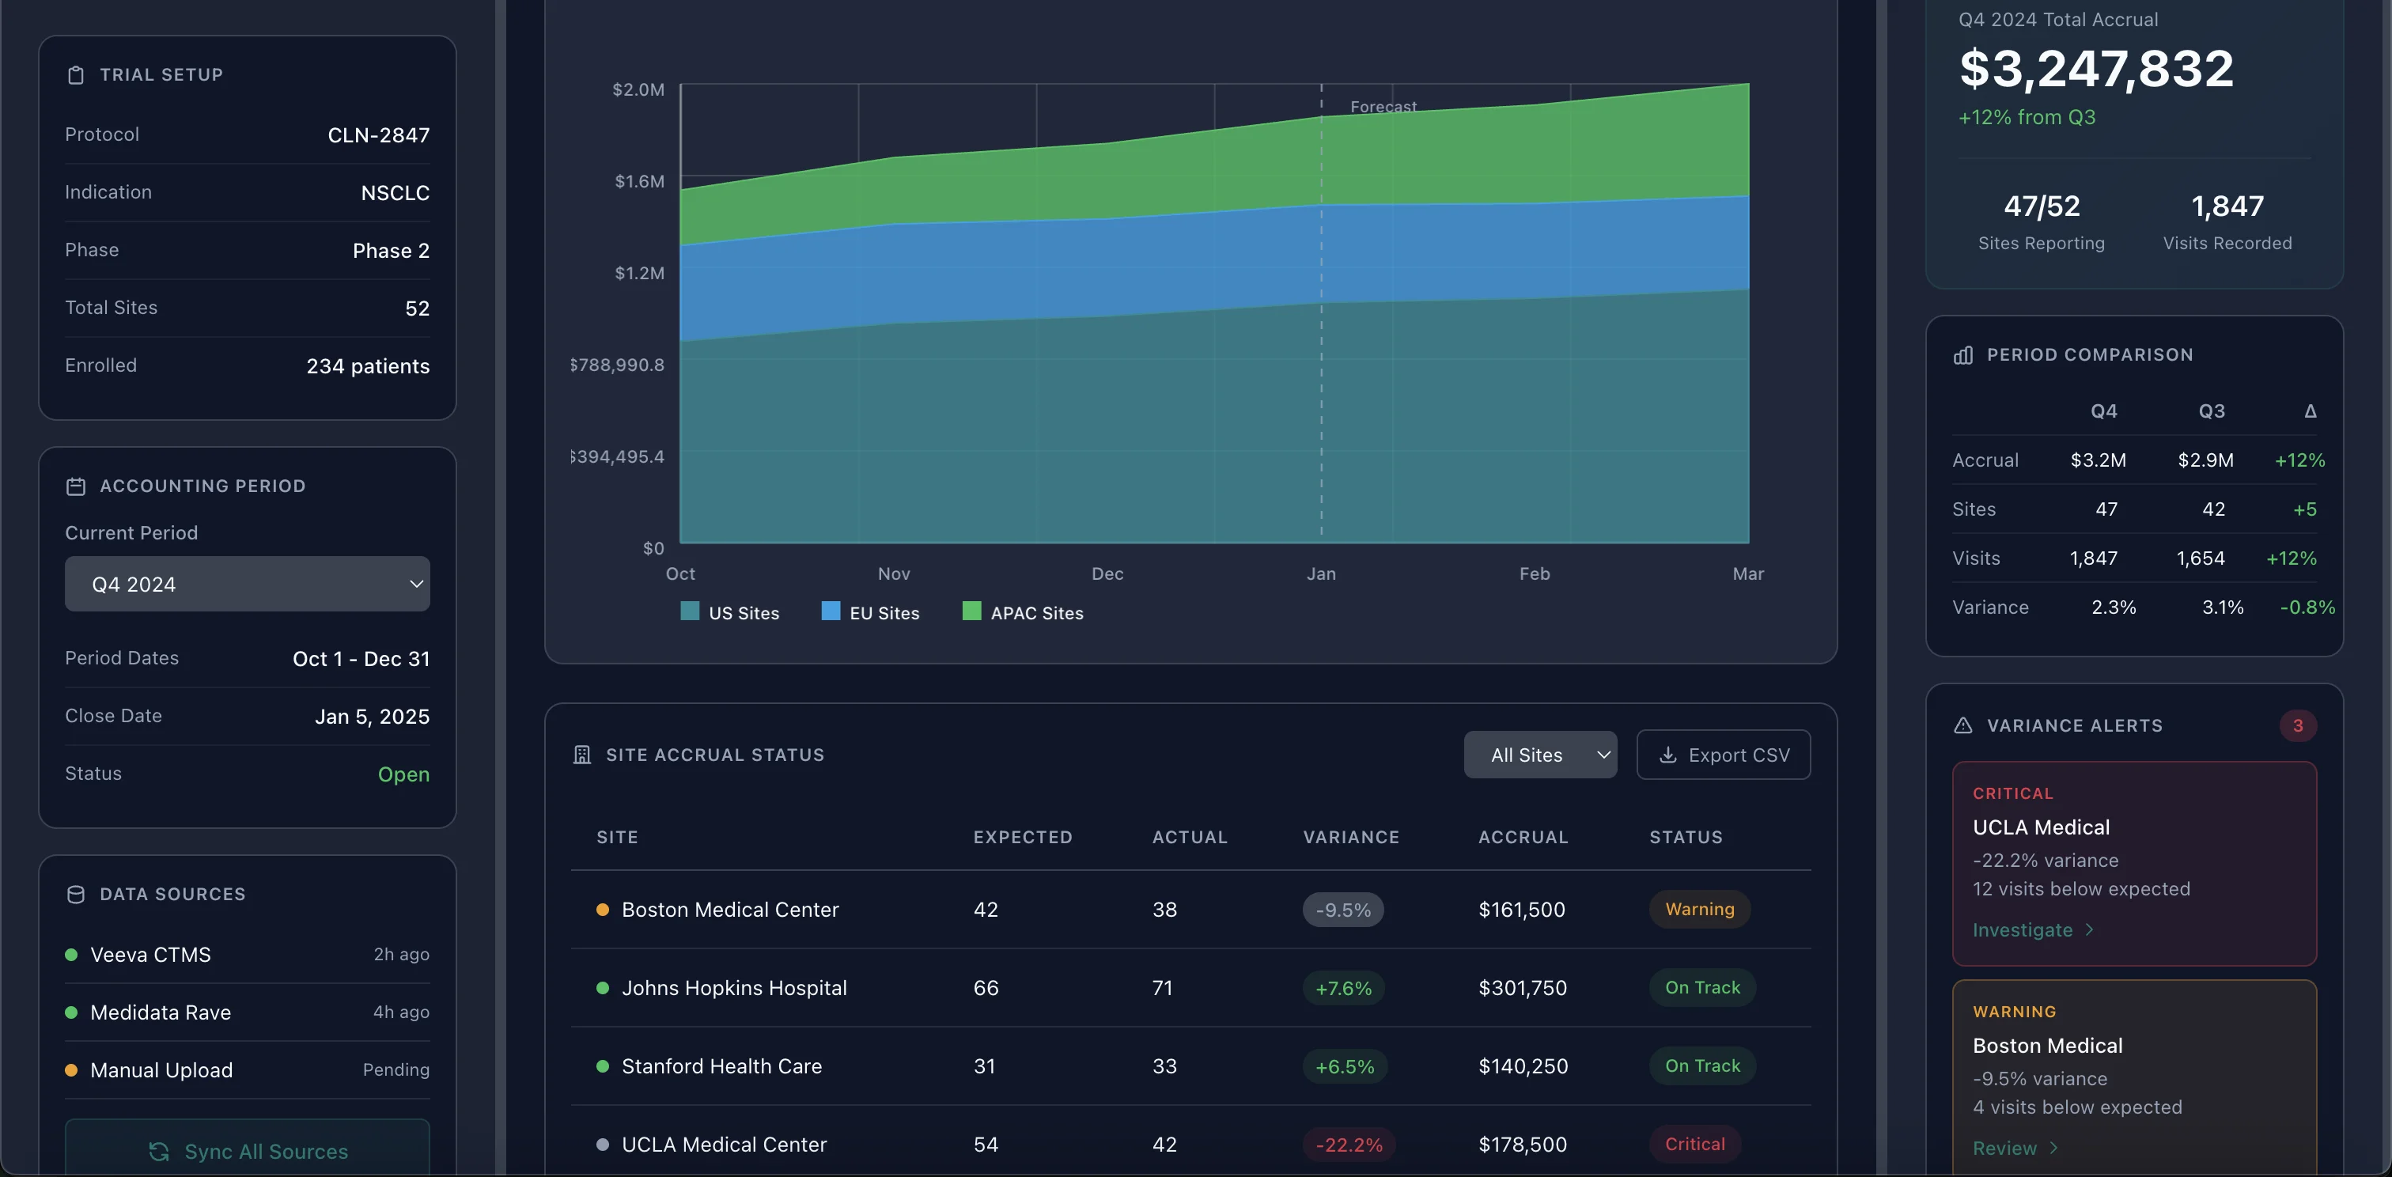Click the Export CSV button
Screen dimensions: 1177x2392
coord(1723,755)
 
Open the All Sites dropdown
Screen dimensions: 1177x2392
coord(1539,755)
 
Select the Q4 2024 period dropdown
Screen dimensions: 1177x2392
coord(247,584)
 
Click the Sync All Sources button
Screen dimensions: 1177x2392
coord(247,1151)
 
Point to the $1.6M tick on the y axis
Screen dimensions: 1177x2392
coord(639,181)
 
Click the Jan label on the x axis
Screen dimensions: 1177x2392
coord(1320,573)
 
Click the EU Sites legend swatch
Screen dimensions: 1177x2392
coord(831,611)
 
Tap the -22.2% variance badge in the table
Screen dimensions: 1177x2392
coord(1349,1145)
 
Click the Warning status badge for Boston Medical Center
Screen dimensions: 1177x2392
coord(1699,910)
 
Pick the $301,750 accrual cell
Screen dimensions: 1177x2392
coord(1522,988)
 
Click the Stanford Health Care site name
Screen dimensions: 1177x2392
coord(721,1066)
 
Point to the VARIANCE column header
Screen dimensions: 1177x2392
coord(1350,837)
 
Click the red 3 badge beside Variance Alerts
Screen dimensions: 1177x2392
coord(2297,726)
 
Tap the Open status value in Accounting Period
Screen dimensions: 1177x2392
coord(403,774)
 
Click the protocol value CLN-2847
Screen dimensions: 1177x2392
coord(378,135)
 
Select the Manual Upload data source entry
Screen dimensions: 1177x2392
coord(161,1070)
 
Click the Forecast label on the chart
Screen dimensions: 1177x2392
coord(1383,107)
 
